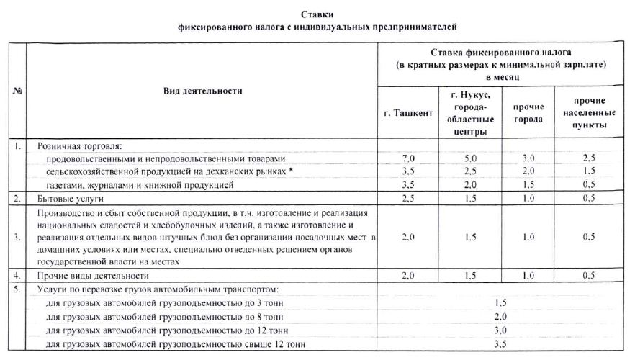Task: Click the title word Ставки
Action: [318, 14]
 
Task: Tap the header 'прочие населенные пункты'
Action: [589, 112]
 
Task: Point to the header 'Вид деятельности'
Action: [202, 91]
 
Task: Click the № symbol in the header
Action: [17, 91]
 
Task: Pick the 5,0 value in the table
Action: [470, 158]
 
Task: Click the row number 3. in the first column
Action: [17, 236]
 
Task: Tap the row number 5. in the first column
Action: [17, 289]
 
